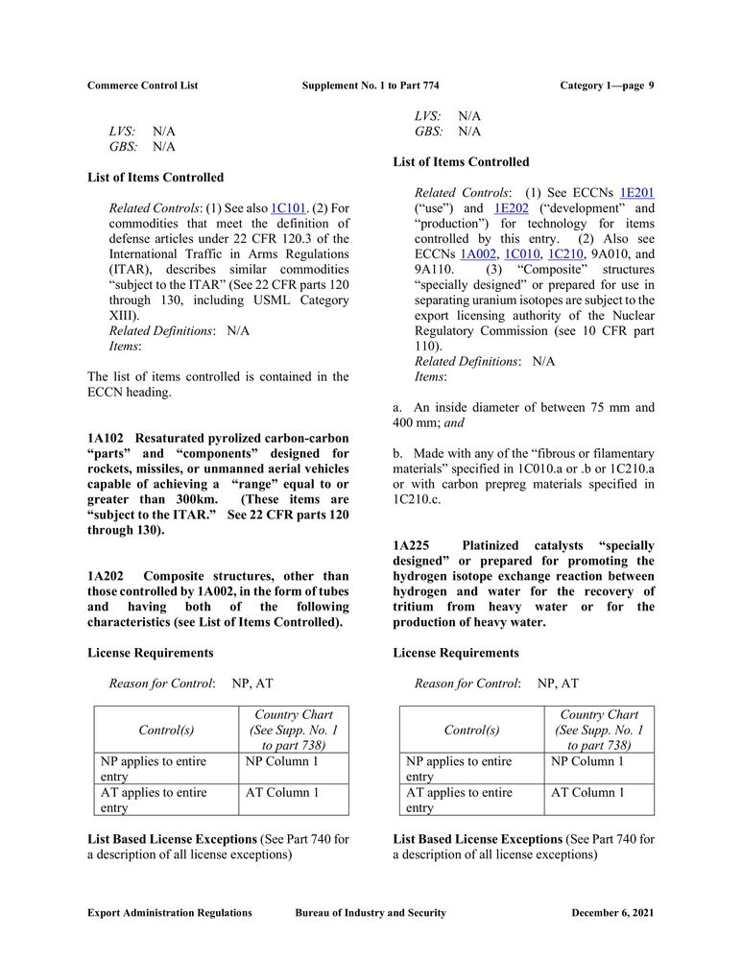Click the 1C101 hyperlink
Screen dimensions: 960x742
point(287,208)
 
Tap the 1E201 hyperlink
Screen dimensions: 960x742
point(637,193)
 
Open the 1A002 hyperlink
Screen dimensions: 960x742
point(477,254)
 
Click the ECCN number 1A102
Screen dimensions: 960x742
point(106,438)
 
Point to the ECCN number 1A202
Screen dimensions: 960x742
point(106,576)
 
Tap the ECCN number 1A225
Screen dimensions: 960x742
point(411,545)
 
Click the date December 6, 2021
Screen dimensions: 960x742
point(612,913)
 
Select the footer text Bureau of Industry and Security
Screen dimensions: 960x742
point(371,913)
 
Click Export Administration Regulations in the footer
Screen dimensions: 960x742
point(170,913)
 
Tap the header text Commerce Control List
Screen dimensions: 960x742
point(142,85)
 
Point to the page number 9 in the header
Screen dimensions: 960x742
point(651,85)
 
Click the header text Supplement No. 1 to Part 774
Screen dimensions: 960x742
point(371,85)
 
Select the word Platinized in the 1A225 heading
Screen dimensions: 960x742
point(496,545)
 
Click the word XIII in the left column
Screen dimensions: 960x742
point(123,315)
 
